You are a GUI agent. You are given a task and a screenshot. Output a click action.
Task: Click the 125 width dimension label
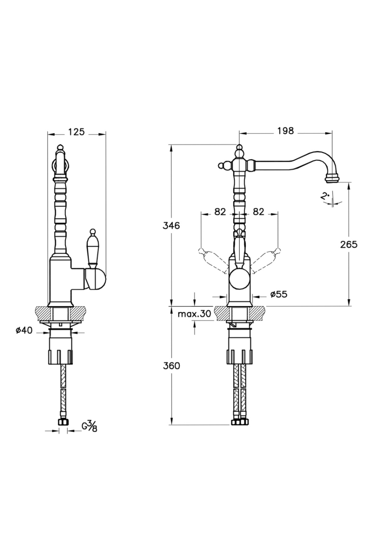pos(76,132)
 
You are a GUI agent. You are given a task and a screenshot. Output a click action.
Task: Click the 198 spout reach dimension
pos(285,131)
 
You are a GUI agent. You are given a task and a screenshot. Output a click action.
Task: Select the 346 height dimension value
pos(171,225)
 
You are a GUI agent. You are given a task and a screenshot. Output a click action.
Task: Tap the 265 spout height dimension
pos(348,244)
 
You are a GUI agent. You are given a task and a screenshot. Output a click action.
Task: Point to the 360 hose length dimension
pos(171,366)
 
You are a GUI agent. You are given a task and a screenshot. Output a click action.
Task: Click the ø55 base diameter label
pos(279,294)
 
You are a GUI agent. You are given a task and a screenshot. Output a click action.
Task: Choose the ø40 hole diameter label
pos(24,330)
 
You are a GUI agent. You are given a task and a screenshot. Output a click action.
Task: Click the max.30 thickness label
pos(194,314)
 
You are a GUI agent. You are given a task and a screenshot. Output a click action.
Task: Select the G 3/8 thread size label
pos(89,426)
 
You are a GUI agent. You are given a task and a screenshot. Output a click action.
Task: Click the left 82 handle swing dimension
pos(220,211)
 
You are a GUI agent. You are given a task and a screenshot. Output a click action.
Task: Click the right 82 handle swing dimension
pos(258,211)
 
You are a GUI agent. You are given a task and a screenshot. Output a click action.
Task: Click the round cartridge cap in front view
pos(239,279)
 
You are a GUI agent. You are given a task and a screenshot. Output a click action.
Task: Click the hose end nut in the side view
pos(63,422)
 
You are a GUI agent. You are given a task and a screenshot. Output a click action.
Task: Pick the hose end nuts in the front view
pos(239,422)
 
